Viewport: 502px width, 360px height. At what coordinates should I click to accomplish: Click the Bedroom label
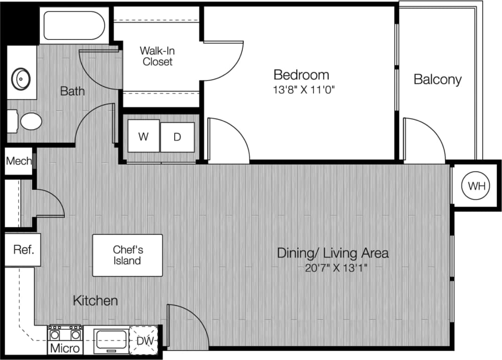(x=301, y=75)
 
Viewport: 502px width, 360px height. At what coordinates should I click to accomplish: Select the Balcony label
(x=437, y=79)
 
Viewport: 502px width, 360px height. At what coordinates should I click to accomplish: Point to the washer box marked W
(x=144, y=136)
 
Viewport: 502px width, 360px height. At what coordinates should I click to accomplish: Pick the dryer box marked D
(x=177, y=137)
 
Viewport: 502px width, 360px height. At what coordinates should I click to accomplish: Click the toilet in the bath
(x=28, y=121)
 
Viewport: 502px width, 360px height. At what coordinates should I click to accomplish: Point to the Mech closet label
(x=19, y=162)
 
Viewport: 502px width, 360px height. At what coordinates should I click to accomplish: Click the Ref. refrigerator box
(x=23, y=250)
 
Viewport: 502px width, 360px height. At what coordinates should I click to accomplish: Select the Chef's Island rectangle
(x=127, y=255)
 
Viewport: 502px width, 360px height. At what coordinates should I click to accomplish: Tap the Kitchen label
(x=95, y=300)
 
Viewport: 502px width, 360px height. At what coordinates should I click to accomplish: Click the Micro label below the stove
(x=65, y=349)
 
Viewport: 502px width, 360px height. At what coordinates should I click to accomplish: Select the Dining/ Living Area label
(x=332, y=253)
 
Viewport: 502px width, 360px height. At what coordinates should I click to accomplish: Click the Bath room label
(x=72, y=91)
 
